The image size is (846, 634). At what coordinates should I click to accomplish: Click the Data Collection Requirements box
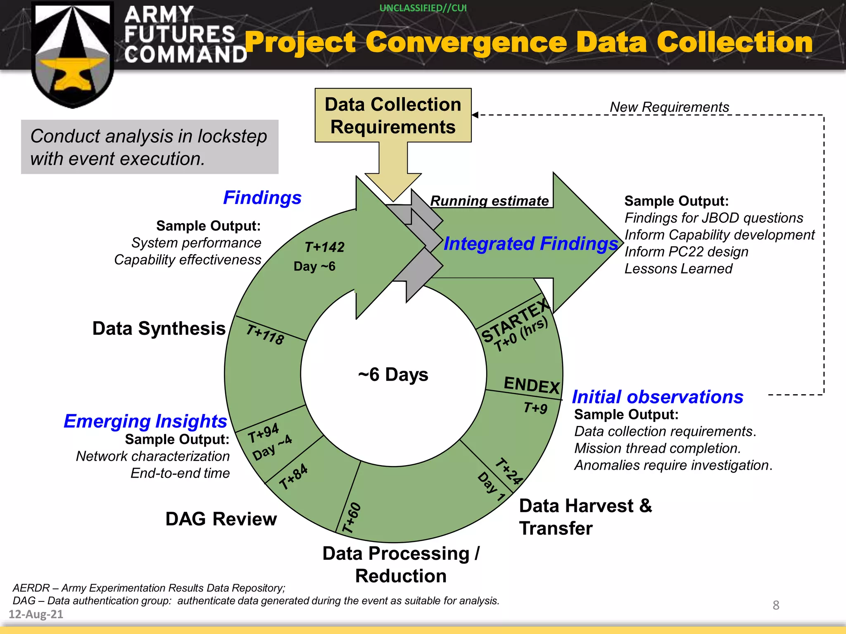tap(393, 115)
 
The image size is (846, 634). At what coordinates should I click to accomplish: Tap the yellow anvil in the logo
tap(73, 74)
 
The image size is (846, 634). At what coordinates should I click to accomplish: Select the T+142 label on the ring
tap(324, 247)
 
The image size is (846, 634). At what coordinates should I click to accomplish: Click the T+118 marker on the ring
tap(265, 334)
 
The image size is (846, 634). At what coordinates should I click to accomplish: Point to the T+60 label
tap(352, 518)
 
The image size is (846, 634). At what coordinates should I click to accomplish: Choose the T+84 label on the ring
tap(293, 477)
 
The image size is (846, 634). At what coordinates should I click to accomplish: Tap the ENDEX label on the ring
tap(532, 385)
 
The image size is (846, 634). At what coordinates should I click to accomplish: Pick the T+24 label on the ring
tap(509, 471)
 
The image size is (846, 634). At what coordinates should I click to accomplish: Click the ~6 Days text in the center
tap(393, 375)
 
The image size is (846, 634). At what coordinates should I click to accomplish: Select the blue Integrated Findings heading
tap(531, 244)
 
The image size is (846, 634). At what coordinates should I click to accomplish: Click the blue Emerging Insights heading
tap(145, 421)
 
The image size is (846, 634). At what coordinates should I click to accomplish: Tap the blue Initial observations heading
tap(658, 397)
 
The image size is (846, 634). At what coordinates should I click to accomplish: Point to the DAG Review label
tap(221, 519)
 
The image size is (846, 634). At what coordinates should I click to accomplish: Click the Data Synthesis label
tap(159, 329)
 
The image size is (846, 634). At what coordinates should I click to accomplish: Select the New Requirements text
tap(669, 107)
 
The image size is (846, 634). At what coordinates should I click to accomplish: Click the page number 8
tap(776, 605)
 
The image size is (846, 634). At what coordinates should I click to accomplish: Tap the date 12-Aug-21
tap(36, 614)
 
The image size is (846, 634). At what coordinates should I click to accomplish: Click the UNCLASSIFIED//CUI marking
tap(423, 8)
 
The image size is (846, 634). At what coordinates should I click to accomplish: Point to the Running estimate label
tap(490, 201)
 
